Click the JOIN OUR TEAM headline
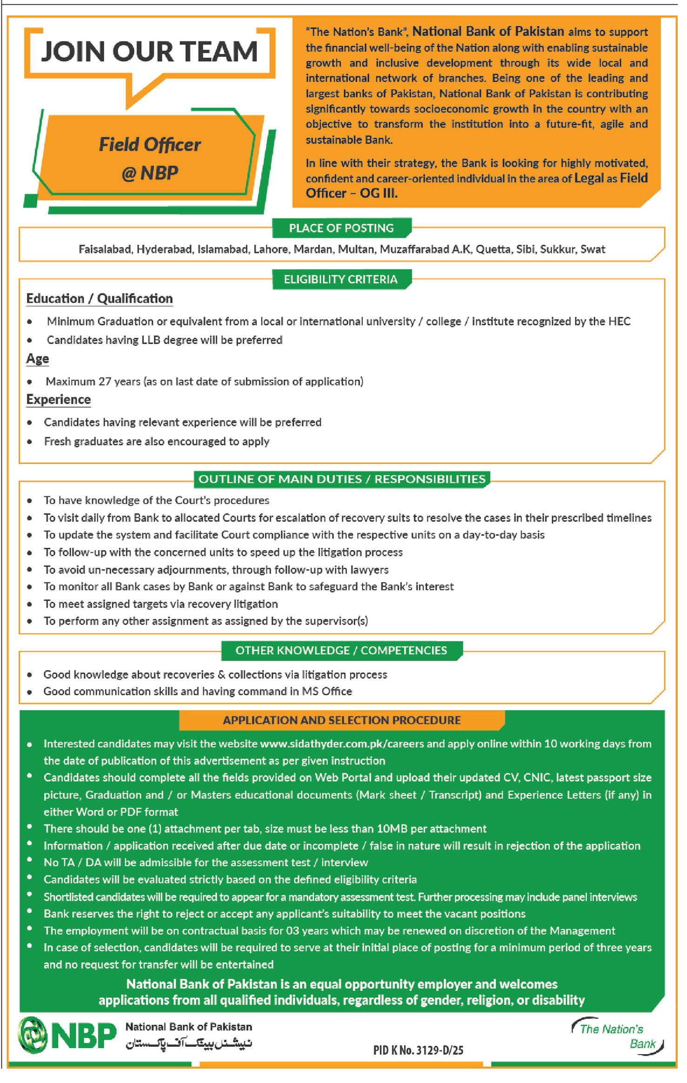149,51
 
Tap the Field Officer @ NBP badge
150,158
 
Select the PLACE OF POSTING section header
341,228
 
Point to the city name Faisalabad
105,249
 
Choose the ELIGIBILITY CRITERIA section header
341,279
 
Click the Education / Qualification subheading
99,299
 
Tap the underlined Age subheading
37,359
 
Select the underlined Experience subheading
58,400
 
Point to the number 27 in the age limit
105,381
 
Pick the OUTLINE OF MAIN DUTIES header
342,479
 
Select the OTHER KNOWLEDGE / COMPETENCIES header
341,650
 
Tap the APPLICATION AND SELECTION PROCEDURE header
342,720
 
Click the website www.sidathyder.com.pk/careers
342,744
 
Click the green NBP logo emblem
33,1035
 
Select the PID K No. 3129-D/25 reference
418,1050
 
